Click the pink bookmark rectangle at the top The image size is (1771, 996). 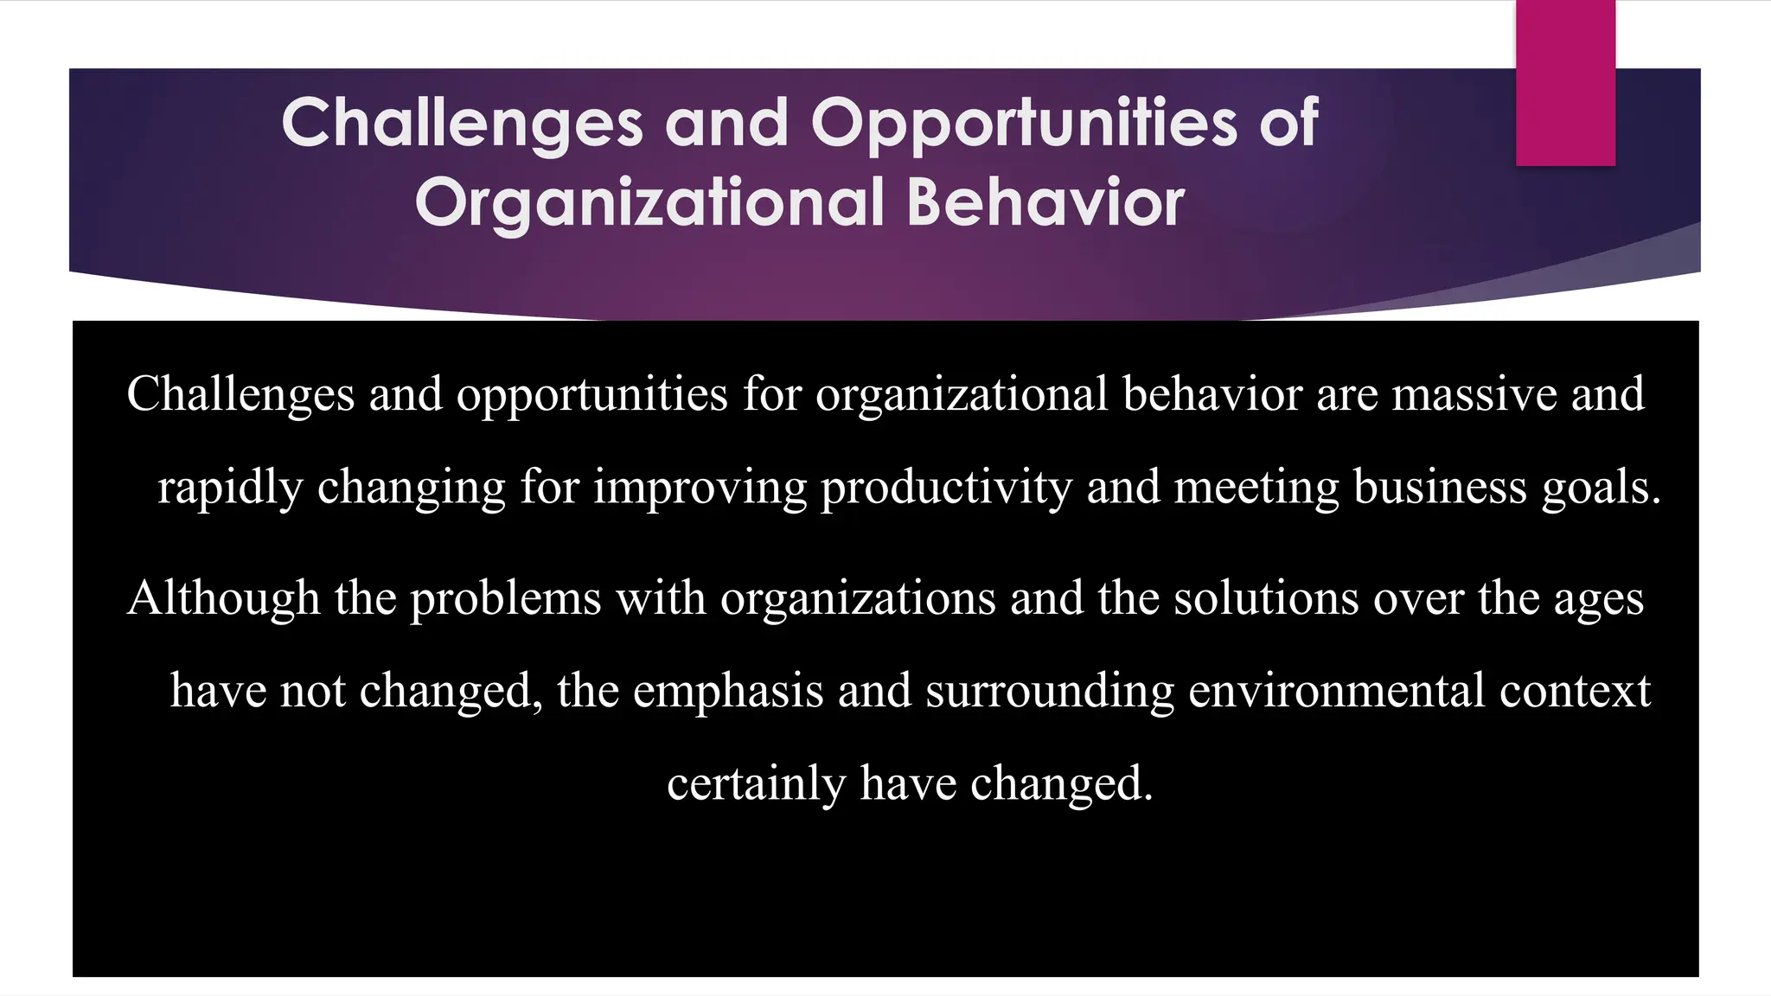(1565, 83)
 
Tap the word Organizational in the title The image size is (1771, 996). (649, 203)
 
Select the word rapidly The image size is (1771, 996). (230, 488)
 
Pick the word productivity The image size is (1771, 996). (946, 488)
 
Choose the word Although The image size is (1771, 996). (223, 598)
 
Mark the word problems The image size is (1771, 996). (505, 599)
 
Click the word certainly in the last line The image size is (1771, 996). (756, 784)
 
